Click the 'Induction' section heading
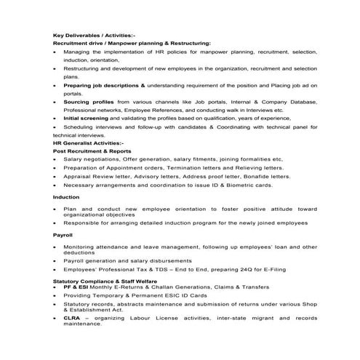(65, 196)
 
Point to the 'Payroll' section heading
(63, 236)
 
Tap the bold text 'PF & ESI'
(76, 287)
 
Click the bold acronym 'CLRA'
(72, 318)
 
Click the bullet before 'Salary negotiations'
(55, 159)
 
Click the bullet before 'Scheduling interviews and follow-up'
(55, 127)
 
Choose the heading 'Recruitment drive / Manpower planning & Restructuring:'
(132, 44)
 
